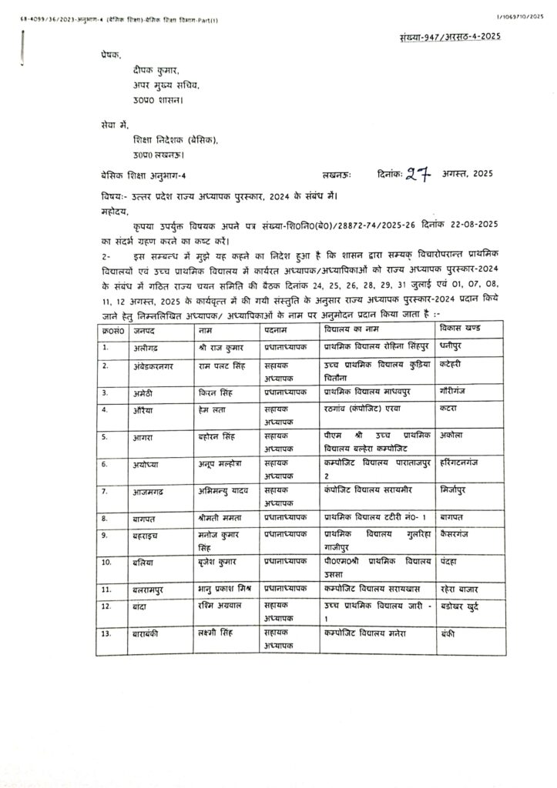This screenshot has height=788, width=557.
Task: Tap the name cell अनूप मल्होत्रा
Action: coord(223,465)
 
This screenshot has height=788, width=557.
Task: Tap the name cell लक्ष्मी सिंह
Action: coord(219,633)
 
